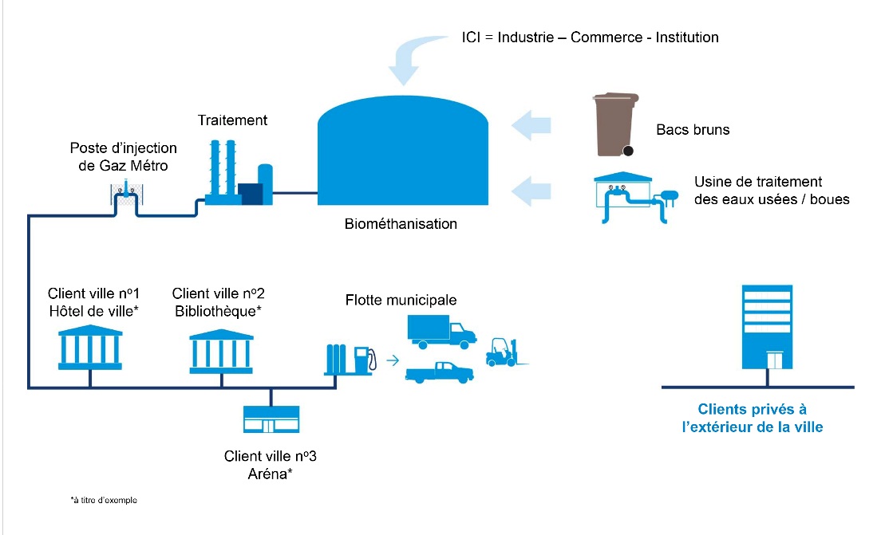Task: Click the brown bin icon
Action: click(614, 124)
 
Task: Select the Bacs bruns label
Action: click(693, 130)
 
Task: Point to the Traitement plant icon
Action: click(238, 175)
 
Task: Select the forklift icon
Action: click(503, 352)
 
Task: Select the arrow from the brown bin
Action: click(531, 124)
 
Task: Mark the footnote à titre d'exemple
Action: click(104, 501)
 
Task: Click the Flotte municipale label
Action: click(401, 300)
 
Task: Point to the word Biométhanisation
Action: click(401, 224)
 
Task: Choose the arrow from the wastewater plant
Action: click(531, 191)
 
